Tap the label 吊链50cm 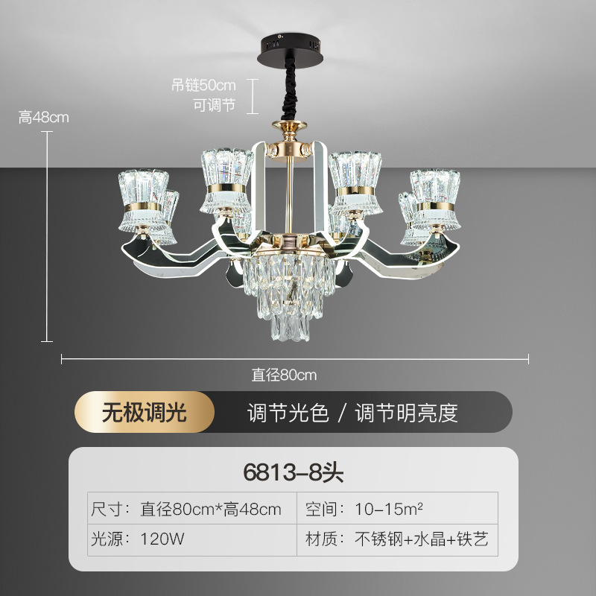[x=203, y=86]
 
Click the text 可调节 [x=215, y=105]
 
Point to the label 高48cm [x=43, y=117]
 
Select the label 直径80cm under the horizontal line [x=284, y=375]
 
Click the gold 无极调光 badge [x=145, y=412]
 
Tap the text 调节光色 [x=288, y=413]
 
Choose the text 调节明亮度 [x=406, y=413]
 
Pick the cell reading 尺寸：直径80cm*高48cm [x=186, y=510]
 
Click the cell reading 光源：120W [x=138, y=539]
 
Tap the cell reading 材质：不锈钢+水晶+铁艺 [x=397, y=539]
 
